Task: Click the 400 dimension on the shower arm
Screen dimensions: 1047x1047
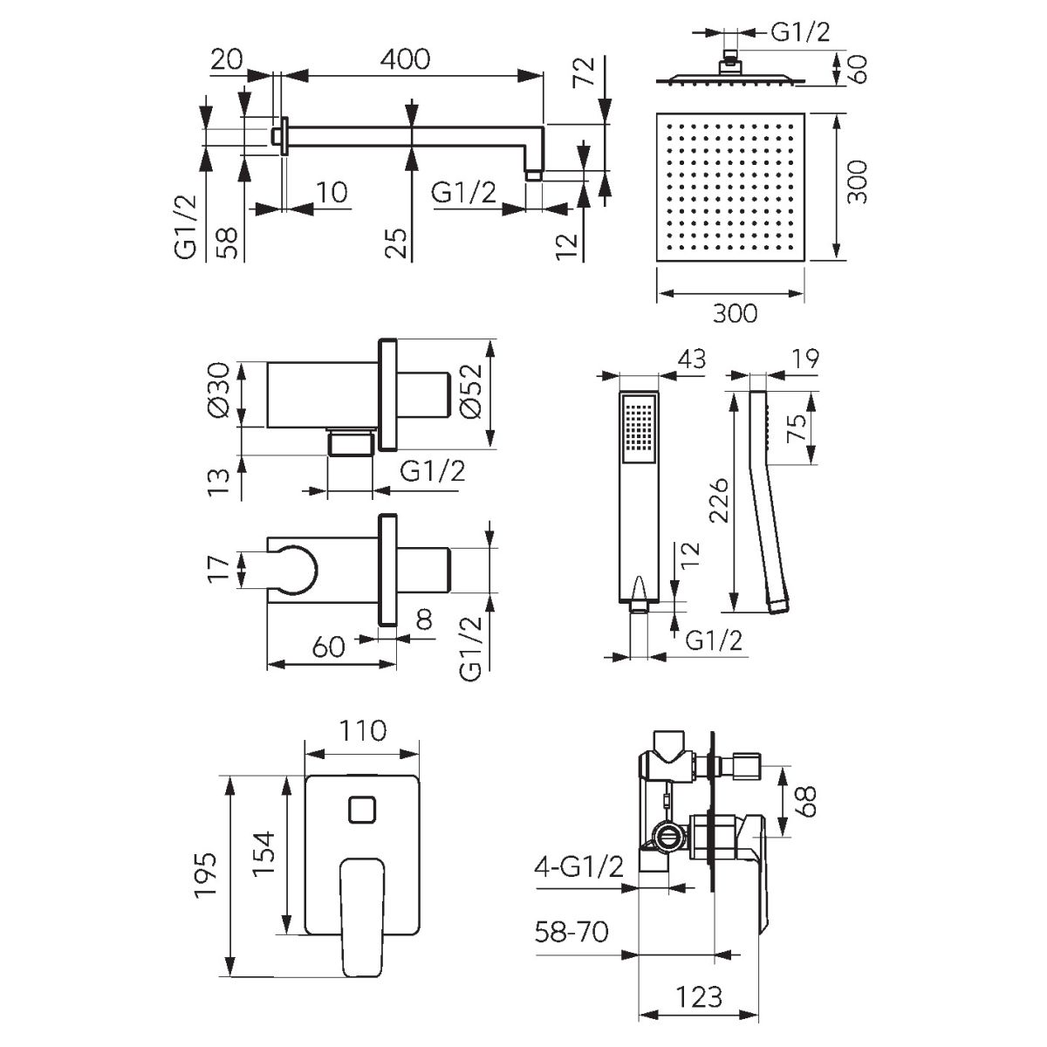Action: coord(406,59)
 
